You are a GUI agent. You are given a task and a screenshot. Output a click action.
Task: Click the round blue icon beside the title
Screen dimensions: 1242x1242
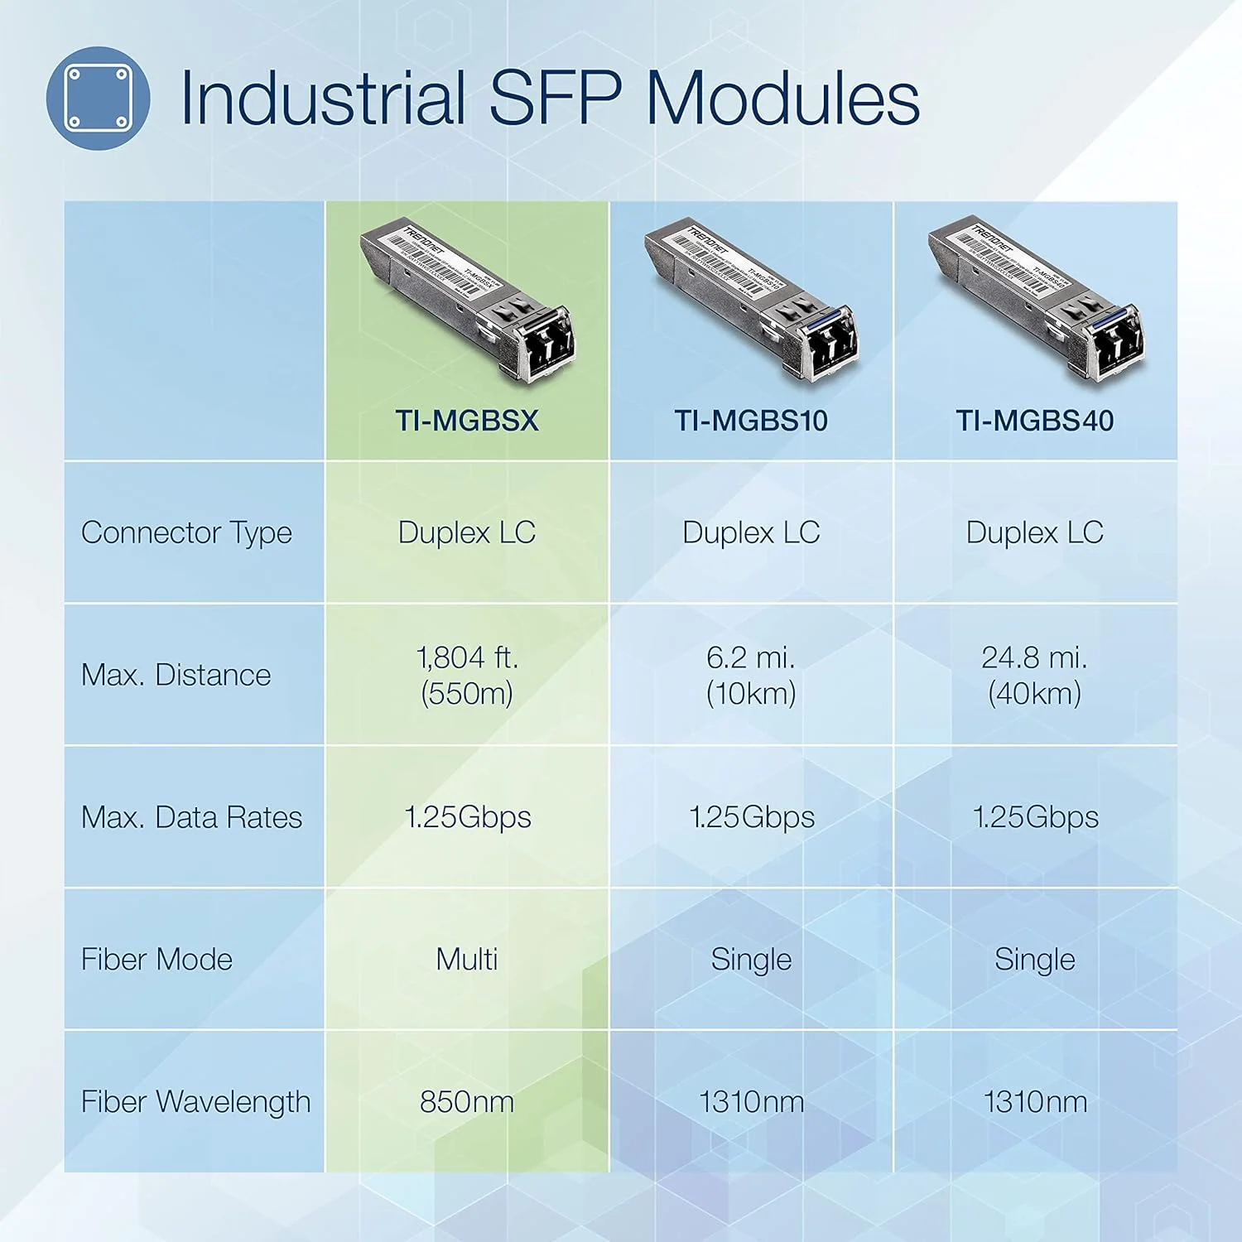[x=98, y=98]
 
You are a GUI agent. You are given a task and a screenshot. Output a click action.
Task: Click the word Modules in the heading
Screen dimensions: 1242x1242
[x=782, y=98]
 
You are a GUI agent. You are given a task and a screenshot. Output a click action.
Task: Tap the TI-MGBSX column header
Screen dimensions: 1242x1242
[x=467, y=421]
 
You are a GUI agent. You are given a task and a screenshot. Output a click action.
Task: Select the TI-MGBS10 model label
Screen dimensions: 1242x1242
[x=751, y=421]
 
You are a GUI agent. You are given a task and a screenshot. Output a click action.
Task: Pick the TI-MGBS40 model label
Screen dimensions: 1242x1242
[x=1034, y=421]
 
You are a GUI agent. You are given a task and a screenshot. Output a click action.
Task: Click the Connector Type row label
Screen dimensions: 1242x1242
[x=186, y=532]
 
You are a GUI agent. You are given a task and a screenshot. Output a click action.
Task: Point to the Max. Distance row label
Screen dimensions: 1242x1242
[x=176, y=675]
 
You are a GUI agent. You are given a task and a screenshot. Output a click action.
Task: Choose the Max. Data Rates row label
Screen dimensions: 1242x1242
[x=191, y=817]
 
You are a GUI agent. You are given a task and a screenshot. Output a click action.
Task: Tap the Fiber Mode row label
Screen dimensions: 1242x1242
[x=156, y=960]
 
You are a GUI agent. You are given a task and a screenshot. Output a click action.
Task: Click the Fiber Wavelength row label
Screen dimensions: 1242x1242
[x=195, y=1102]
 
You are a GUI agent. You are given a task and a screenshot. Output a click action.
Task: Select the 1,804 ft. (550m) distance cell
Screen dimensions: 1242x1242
[x=467, y=675]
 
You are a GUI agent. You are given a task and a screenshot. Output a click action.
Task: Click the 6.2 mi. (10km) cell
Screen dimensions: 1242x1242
[x=751, y=675]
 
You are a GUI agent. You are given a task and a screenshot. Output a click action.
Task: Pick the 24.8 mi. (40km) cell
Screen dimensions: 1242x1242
[x=1034, y=675]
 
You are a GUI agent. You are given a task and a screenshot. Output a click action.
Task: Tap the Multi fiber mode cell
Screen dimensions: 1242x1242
[x=467, y=960]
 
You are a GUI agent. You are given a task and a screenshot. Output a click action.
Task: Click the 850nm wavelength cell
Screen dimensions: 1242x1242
[x=467, y=1102]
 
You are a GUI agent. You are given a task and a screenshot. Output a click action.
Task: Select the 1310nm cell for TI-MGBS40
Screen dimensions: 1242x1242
[x=1034, y=1102]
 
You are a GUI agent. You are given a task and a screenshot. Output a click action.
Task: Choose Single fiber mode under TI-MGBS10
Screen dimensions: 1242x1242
[x=751, y=960]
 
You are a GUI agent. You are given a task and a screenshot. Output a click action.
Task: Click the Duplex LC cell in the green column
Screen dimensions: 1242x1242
[x=467, y=532]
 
